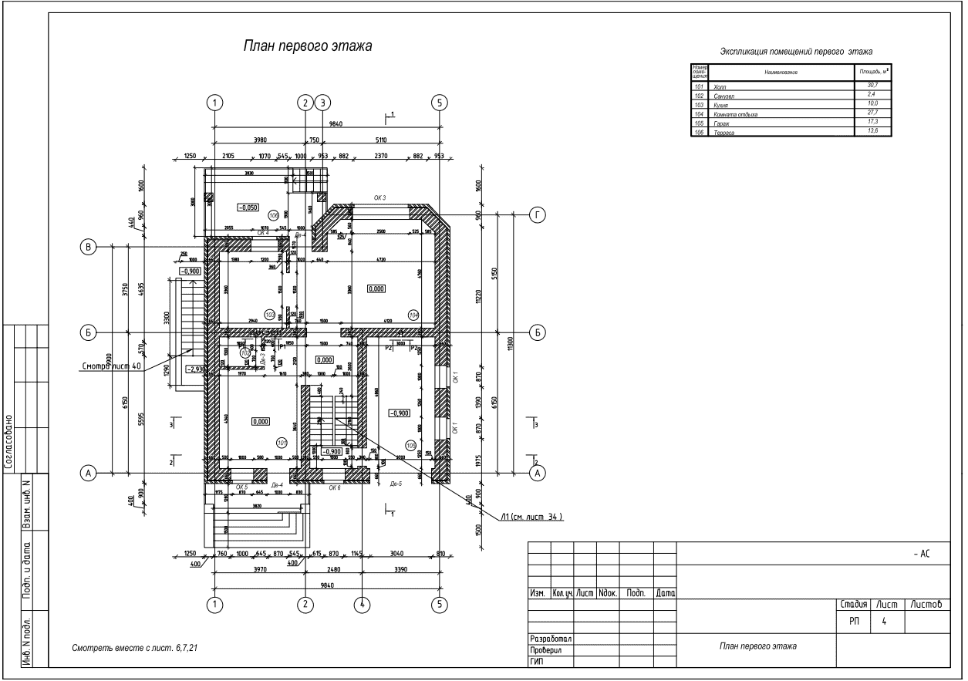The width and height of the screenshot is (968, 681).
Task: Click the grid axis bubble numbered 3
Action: pos(323,103)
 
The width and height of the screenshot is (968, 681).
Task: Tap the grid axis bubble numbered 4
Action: pos(361,604)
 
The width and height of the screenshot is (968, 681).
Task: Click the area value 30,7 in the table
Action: pos(872,86)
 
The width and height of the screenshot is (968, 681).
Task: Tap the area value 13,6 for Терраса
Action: pos(872,132)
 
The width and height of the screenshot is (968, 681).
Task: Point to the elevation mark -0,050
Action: pos(248,207)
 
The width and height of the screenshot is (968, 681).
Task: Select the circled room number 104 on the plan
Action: pos(413,315)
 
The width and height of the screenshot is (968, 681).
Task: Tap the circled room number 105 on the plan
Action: pos(410,445)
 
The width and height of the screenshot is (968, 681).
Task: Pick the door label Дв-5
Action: pos(396,483)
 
